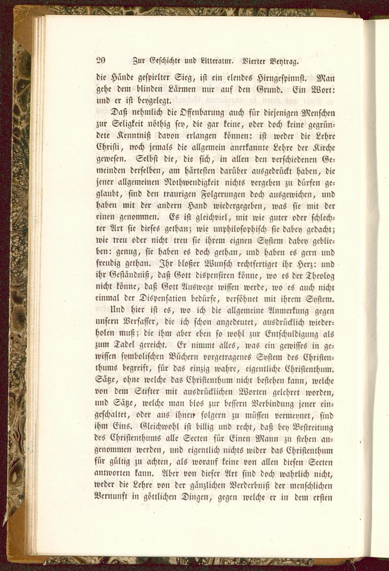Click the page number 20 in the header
pyautogui.click(x=101, y=60)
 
